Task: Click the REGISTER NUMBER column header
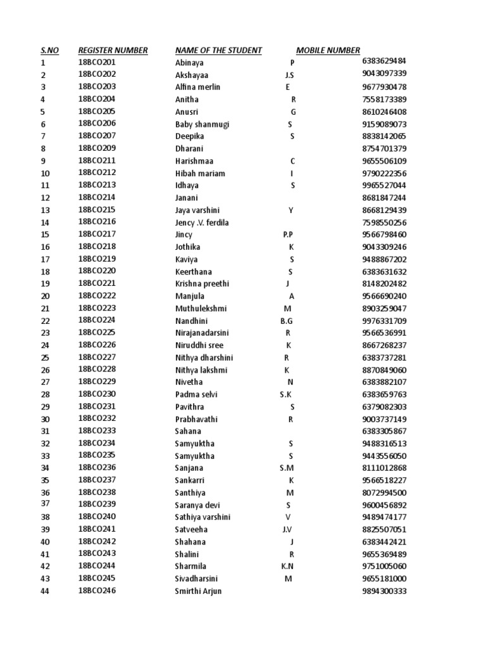113,51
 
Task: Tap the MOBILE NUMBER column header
328,51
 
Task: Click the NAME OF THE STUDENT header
218,51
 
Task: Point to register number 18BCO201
97,62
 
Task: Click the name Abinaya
189,63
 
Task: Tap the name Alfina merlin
197,87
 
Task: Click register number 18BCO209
97,148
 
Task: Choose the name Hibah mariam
200,174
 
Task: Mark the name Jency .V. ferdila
202,222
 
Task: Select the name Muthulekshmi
201,309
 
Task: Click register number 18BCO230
97,394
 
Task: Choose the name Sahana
188,431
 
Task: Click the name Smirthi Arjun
199,591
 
